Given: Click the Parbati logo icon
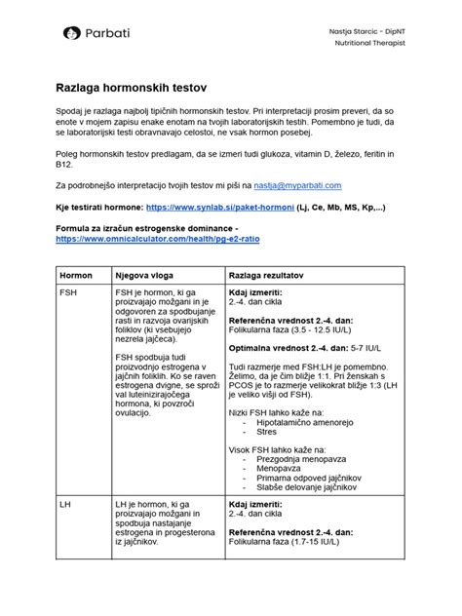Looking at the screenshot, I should [71, 34].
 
